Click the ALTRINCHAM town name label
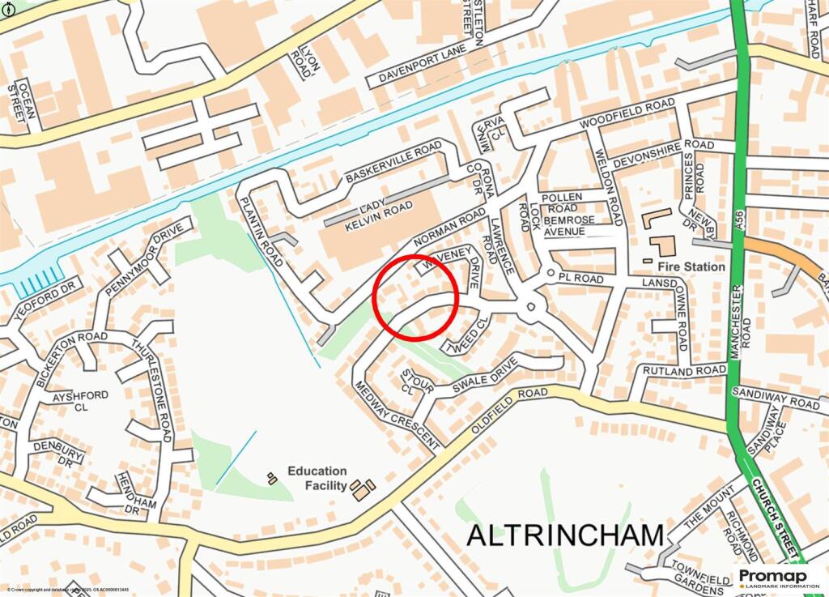[565, 535]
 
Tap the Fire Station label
[691, 266]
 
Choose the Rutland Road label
[684, 370]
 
